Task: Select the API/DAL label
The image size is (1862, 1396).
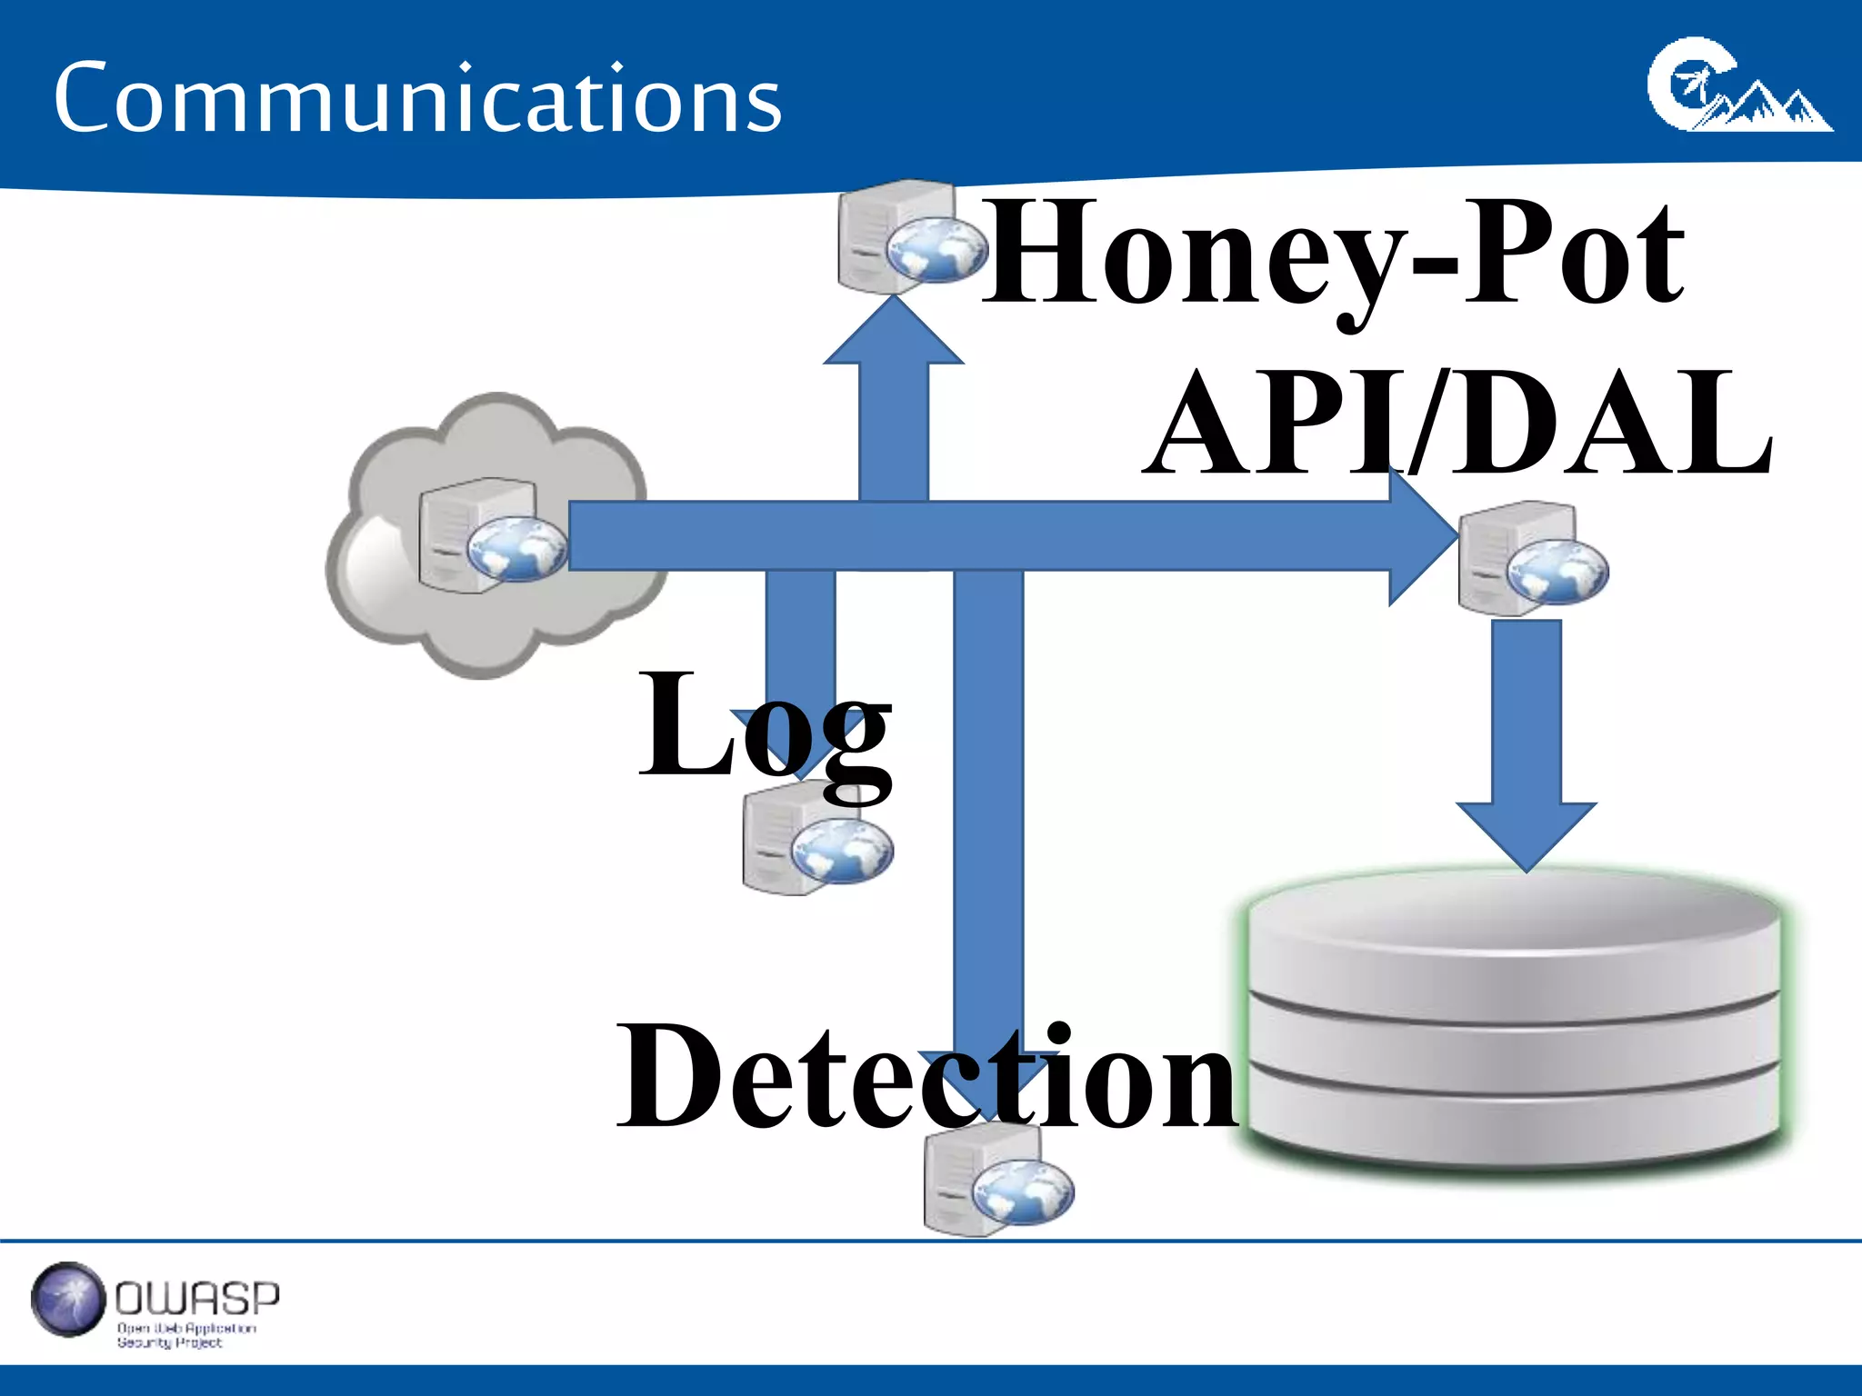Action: coord(1458,424)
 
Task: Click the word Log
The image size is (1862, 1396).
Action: coord(764,727)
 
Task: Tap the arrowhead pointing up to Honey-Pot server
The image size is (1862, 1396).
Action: coord(894,332)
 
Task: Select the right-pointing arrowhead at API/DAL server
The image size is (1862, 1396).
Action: coord(1423,536)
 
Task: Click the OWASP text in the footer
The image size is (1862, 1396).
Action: coord(197,1299)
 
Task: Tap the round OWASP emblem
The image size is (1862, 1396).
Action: coord(68,1300)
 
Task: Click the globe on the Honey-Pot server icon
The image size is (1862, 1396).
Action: coord(936,250)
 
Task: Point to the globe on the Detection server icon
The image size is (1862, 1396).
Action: coord(1023,1192)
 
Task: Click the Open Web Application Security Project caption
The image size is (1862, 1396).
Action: coord(186,1335)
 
